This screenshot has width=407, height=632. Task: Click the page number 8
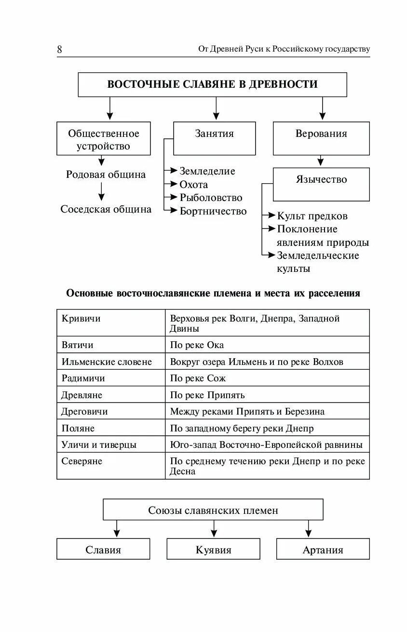[59, 50]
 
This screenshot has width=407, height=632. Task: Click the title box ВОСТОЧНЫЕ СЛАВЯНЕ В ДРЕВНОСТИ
[212, 84]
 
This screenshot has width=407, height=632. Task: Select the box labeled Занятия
[214, 138]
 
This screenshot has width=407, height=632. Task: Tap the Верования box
[321, 138]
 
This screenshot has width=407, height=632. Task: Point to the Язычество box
[321, 184]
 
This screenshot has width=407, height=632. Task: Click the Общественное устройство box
[103, 139]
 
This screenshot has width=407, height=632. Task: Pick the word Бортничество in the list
[213, 211]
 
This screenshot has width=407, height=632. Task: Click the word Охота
[194, 185]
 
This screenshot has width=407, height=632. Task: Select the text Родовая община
[106, 175]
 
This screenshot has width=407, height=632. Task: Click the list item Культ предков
[312, 216]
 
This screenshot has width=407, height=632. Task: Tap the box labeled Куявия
[213, 550]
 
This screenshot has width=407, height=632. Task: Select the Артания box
[323, 550]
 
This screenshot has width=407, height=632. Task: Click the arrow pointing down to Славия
[116, 528]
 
